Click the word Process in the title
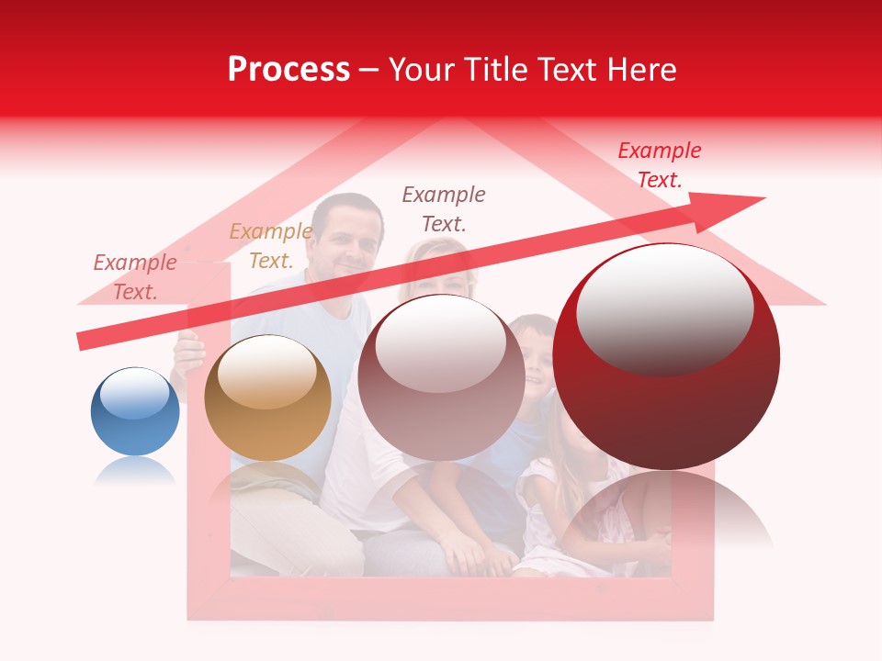tap(288, 70)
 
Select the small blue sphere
tap(135, 411)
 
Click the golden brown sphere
tap(267, 398)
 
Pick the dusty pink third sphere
tap(441, 377)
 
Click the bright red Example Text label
tap(659, 165)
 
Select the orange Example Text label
tap(270, 246)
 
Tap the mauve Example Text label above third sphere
tap(444, 208)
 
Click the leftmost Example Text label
tap(135, 276)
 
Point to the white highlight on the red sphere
tap(664, 308)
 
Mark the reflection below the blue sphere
tap(135, 471)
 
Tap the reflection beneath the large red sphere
tap(666, 510)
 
